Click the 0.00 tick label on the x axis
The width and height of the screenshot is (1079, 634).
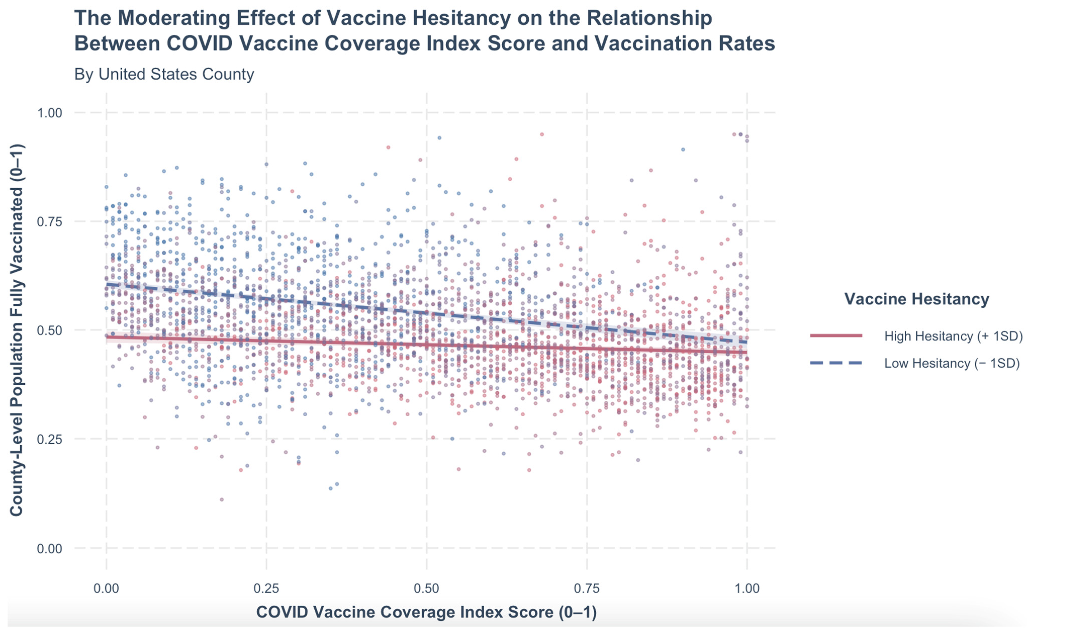[x=106, y=588]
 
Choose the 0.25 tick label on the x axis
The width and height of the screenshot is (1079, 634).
[x=266, y=588]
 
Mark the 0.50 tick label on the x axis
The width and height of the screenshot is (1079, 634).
[x=427, y=588]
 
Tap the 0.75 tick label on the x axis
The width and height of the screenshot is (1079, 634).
[x=587, y=588]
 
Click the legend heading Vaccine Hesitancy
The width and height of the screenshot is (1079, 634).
[x=916, y=299]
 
